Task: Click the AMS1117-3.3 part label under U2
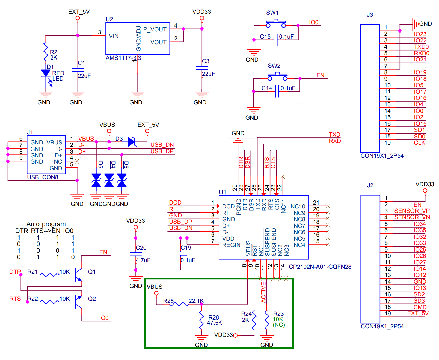123,58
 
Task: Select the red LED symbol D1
46,73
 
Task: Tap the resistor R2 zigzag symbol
46,51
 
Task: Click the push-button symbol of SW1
276,23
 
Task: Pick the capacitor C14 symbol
277,91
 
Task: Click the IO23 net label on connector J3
420,34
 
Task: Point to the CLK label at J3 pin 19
419,143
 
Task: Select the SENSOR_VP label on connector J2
412,211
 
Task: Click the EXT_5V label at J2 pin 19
418,313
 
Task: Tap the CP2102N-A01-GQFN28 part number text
320,267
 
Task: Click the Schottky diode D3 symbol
132,142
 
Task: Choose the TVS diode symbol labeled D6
96,180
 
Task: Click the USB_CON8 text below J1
43,177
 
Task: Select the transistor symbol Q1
79,275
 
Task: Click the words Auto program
46,224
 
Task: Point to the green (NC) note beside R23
279,325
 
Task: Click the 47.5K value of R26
214,323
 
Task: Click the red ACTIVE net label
263,293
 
